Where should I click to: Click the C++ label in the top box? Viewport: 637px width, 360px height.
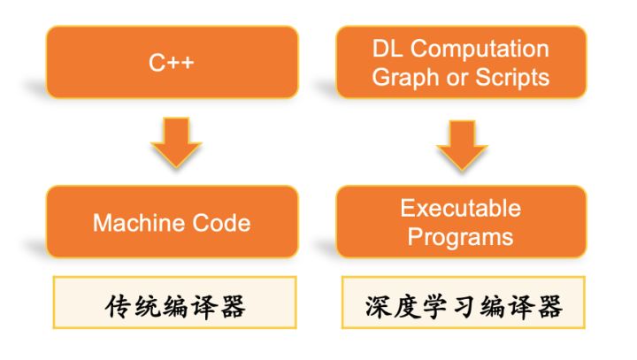[x=172, y=63]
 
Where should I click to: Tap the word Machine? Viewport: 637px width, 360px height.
[x=139, y=223]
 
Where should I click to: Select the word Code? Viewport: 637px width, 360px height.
[x=221, y=223]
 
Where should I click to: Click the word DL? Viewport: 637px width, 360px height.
[x=388, y=49]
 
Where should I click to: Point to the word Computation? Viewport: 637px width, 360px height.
[x=480, y=50]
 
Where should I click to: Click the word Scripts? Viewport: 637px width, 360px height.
[x=512, y=78]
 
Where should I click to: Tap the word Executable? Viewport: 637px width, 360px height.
[x=461, y=208]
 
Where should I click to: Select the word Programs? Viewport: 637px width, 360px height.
[x=461, y=237]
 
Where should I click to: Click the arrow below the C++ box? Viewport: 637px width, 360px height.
[x=176, y=142]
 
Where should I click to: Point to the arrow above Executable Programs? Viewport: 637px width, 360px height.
[x=463, y=145]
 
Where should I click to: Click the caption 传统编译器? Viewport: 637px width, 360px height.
[x=175, y=306]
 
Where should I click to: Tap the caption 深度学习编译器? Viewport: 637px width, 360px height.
[x=464, y=306]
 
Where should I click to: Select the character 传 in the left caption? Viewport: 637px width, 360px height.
[x=118, y=306]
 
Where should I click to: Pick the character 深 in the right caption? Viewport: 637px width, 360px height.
[x=378, y=306]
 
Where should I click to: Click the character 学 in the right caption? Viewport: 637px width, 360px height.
[x=434, y=306]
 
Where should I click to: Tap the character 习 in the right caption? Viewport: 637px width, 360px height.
[x=464, y=307]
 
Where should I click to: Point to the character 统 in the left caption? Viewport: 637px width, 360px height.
[x=147, y=306]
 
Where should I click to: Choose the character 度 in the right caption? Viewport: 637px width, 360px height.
[x=406, y=306]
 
